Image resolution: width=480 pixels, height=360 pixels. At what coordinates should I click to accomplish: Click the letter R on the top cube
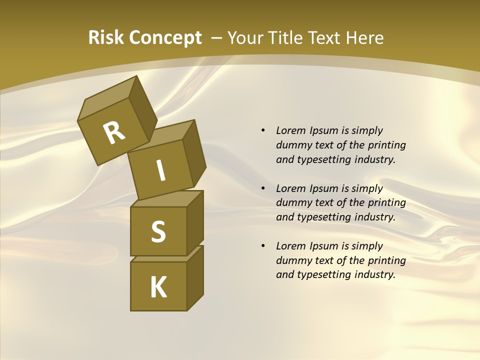coord(114,133)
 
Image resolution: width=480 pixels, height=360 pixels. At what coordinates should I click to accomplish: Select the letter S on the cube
coord(158,232)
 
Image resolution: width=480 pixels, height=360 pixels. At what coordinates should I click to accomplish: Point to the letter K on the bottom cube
coord(158,287)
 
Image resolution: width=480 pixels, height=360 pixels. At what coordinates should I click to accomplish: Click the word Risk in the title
coord(105,37)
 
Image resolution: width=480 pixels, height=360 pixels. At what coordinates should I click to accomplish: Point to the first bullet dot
coord(263,130)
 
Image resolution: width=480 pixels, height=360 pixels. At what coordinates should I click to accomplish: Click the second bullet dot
coord(263,188)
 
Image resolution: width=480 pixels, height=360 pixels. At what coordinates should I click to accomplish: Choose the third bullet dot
coord(263,246)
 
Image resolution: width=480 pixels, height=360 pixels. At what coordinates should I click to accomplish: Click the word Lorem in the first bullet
coord(290,130)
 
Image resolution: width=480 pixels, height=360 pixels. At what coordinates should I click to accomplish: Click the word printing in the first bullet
coord(387,145)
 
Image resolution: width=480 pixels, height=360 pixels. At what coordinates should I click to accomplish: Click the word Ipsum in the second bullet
coord(323,188)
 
